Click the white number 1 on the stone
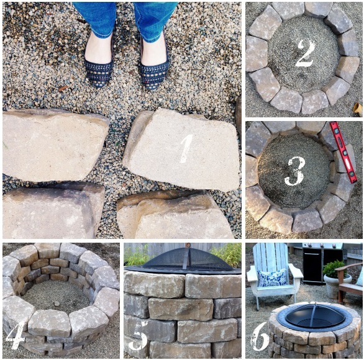point(187,148)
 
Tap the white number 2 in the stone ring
point(305,53)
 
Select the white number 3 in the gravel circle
point(295,171)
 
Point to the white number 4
point(16,335)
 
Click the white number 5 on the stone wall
point(137,340)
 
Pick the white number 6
point(260,336)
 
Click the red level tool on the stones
point(343,153)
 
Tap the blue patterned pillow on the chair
point(272,277)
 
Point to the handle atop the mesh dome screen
point(188,245)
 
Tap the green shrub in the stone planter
point(334,269)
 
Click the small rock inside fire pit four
point(57,304)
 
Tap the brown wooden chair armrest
point(348,268)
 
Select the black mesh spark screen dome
point(188,261)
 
